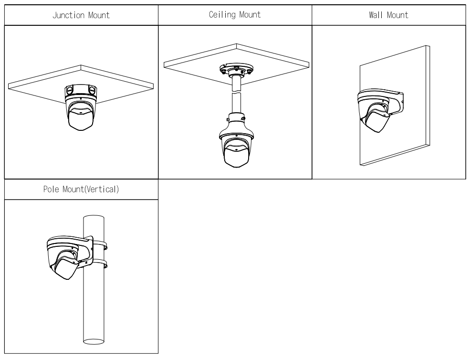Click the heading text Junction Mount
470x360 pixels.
[81, 15]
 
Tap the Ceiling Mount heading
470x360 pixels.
[235, 15]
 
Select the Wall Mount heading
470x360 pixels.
[388, 15]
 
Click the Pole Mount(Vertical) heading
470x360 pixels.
[81, 189]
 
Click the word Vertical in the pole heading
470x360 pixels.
[103, 189]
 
